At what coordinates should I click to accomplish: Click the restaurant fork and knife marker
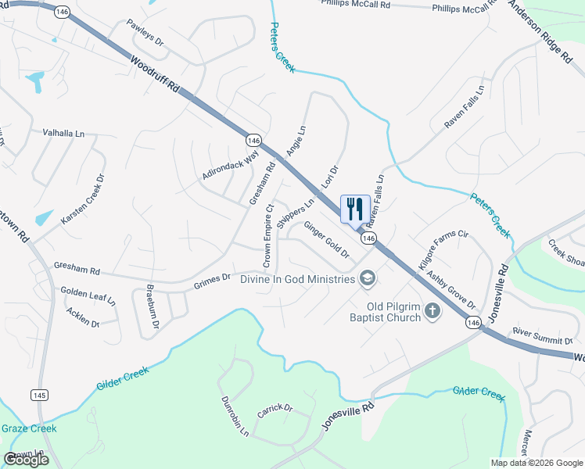355,209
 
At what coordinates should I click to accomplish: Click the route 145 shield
38,395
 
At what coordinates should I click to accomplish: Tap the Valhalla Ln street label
63,134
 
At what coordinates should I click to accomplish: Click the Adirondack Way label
230,166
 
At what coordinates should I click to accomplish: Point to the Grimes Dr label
212,277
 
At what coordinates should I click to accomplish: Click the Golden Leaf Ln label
88,295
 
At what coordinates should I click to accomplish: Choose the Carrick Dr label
275,409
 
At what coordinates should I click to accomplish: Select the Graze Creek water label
29,428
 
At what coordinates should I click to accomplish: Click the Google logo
26,459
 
